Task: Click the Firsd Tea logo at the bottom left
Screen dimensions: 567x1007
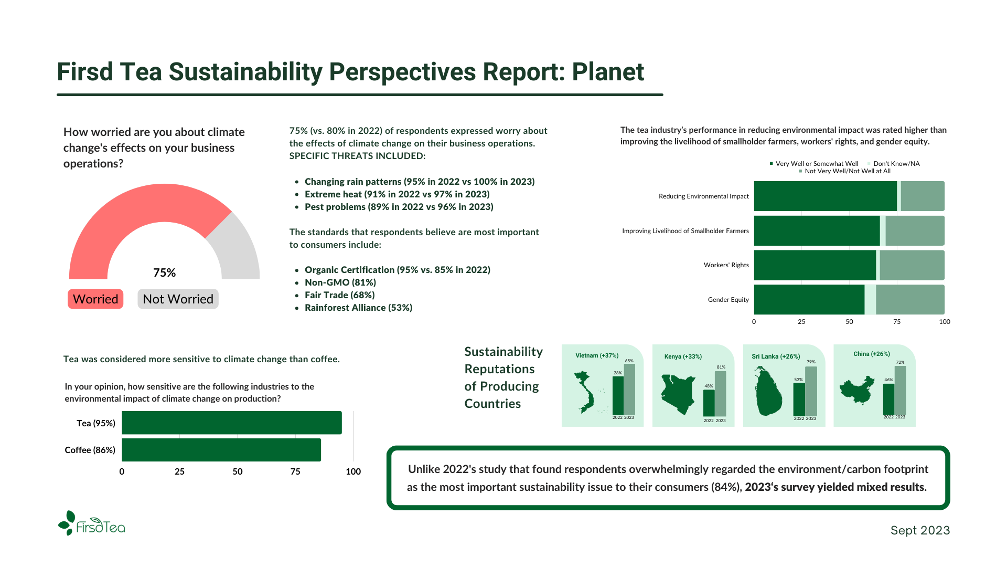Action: click(x=92, y=524)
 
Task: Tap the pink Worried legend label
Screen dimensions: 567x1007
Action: click(x=95, y=299)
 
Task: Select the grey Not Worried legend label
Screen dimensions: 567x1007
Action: click(x=178, y=299)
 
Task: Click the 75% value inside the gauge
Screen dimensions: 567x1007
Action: click(x=164, y=272)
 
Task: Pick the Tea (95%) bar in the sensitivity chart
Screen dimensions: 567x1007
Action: click(x=231, y=423)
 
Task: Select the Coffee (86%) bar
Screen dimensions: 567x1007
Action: click(x=221, y=450)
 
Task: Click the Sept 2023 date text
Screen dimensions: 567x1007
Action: click(x=920, y=530)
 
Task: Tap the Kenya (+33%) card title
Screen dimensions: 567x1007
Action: click(x=683, y=356)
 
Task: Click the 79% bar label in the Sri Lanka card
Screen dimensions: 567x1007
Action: click(x=811, y=362)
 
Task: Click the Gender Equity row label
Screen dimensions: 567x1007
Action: click(x=728, y=300)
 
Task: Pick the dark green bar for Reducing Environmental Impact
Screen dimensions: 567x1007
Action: click(x=825, y=196)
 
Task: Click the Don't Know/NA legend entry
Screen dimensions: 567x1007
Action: click(x=896, y=164)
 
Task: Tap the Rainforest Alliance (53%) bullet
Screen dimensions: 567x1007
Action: click(x=358, y=308)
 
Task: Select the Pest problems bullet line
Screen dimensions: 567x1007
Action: click(x=399, y=207)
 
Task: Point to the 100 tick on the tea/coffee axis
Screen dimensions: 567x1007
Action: click(x=353, y=471)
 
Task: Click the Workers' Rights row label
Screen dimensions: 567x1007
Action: click(x=726, y=265)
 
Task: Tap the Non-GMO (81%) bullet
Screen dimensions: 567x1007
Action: click(x=340, y=282)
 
